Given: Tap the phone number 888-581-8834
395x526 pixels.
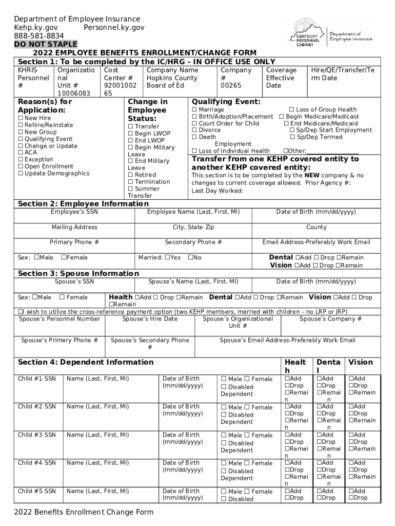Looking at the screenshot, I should coord(39,36).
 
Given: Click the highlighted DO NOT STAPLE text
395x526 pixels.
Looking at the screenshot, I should coord(46,44).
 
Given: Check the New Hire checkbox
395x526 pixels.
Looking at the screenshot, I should coord(21,118).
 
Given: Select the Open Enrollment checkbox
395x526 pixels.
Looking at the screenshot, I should coord(21,166).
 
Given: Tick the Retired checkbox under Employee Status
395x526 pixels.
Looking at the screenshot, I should coord(130,175).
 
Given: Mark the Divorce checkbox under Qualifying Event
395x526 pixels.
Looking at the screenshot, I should coord(194,130).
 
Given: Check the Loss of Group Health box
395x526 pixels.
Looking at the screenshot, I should coord(292,110).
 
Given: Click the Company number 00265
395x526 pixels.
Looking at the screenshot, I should coord(230,86).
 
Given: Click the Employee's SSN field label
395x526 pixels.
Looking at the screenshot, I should coord(72,212).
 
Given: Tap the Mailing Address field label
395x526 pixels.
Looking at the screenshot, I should coord(74,227).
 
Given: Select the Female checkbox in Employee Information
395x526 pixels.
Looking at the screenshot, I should coord(64,257).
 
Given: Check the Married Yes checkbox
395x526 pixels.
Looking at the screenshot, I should coord(167,257).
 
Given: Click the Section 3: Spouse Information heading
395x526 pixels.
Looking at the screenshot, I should coord(78,273).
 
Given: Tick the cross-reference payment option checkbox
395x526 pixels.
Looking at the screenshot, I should coord(21,312).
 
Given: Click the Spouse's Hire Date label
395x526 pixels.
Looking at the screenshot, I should coord(150,319).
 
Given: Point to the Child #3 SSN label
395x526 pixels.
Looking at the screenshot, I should coord(37,435).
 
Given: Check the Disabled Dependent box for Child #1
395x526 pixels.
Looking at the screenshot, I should coord(224,387).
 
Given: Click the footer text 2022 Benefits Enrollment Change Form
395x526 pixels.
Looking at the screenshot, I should coord(84,512).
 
